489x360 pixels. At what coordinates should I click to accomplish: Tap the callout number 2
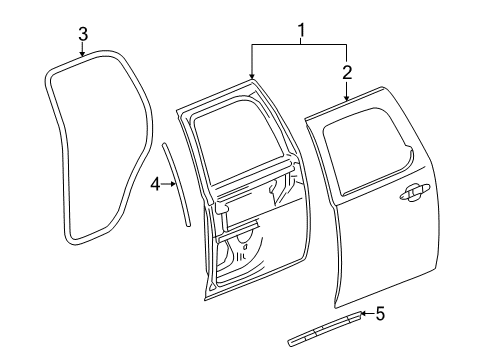point(347,71)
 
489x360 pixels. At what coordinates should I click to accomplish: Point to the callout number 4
point(155,183)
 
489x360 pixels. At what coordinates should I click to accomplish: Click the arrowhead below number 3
point(83,59)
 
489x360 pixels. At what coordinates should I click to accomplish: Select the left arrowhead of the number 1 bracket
point(251,78)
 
